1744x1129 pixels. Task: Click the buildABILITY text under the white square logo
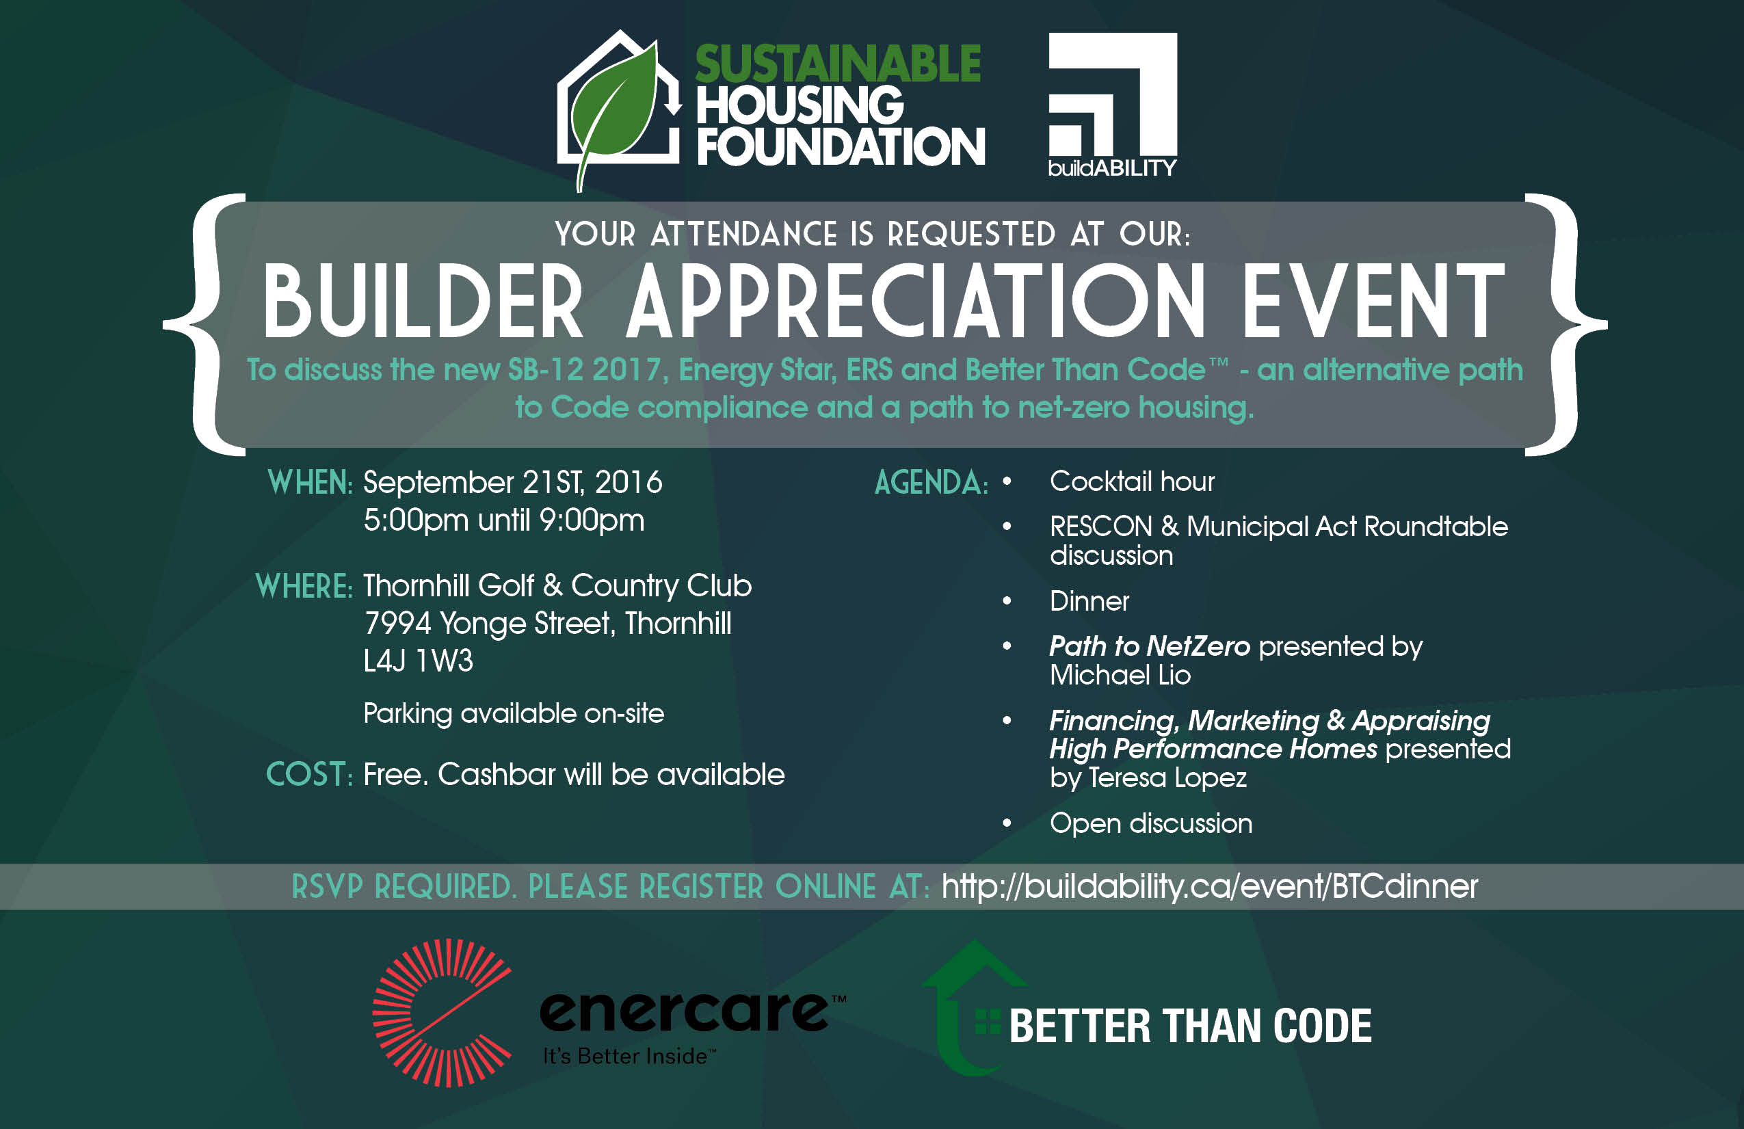[x=1112, y=168]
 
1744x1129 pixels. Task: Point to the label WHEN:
[x=310, y=482]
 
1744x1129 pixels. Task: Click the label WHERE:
[x=304, y=586]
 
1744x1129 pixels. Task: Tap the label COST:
[x=309, y=774]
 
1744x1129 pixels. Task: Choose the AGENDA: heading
[x=932, y=482]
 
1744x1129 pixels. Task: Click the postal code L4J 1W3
[x=419, y=661]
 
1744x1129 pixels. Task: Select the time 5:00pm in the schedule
[x=417, y=520]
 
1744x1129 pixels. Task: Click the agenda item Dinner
[x=1089, y=601]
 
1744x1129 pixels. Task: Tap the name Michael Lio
[x=1120, y=675]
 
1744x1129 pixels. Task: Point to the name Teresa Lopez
[x=1167, y=778]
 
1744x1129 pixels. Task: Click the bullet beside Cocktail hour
[x=1007, y=481]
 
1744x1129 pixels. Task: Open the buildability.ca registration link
[x=1210, y=886]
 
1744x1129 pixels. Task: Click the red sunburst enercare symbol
[x=442, y=1013]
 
